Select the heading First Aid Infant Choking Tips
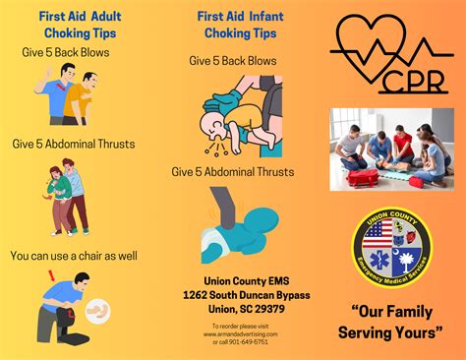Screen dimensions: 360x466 pos(233,24)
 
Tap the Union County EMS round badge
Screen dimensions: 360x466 pos(391,248)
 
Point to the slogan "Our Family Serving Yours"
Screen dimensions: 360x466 pos(390,322)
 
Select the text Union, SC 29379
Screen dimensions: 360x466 pos(233,308)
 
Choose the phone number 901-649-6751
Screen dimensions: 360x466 pos(241,342)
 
